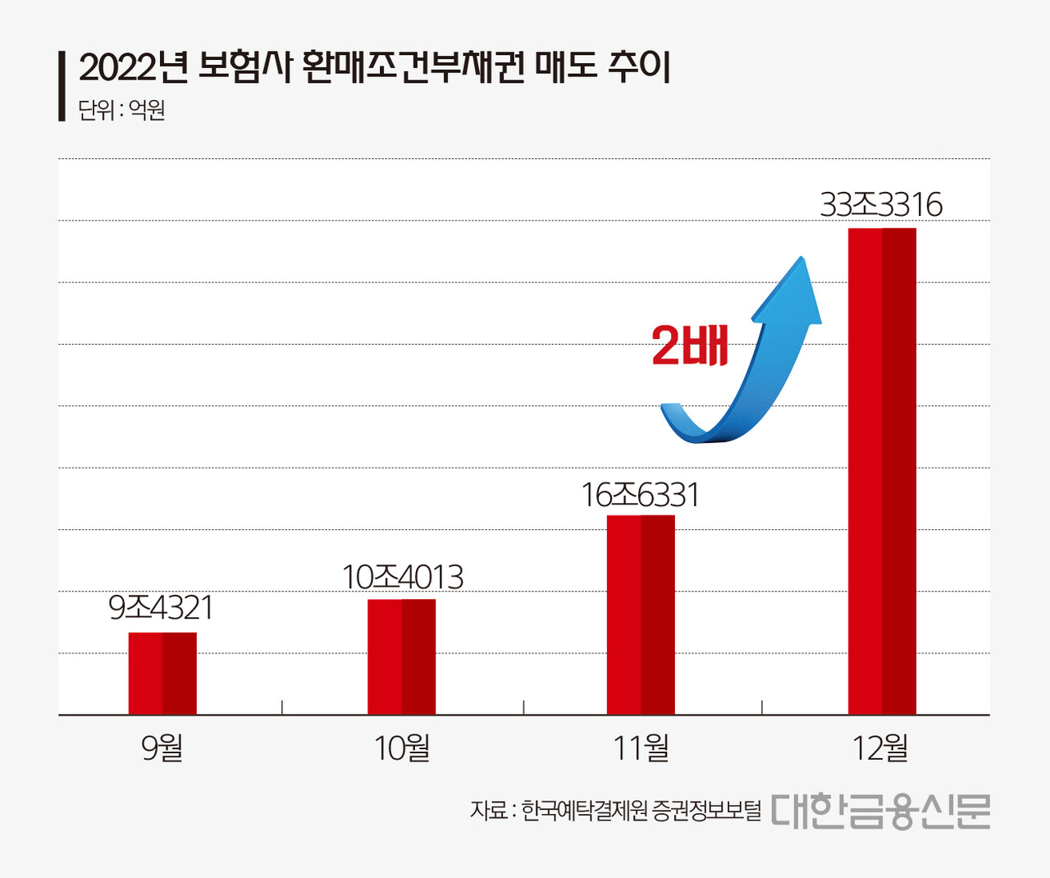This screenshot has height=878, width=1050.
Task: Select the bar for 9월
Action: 162,673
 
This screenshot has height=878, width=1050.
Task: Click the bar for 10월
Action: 401,656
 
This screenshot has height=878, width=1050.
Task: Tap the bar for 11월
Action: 641,615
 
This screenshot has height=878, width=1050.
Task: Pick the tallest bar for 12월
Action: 882,471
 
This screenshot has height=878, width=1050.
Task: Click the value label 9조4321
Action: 161,608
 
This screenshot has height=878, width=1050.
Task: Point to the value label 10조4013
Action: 402,578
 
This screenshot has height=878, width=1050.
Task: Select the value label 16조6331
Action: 640,495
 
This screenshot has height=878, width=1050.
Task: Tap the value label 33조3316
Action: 881,204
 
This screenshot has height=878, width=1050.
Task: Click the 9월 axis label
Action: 162,748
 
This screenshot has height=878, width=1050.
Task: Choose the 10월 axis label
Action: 402,748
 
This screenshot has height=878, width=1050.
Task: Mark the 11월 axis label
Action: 641,748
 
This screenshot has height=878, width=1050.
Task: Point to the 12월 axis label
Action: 880,748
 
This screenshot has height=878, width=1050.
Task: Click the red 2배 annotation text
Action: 690,345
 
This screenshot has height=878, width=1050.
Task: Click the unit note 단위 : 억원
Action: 121,110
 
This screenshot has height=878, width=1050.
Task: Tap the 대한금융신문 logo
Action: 880,812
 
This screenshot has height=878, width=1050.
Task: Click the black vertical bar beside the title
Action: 62,86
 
